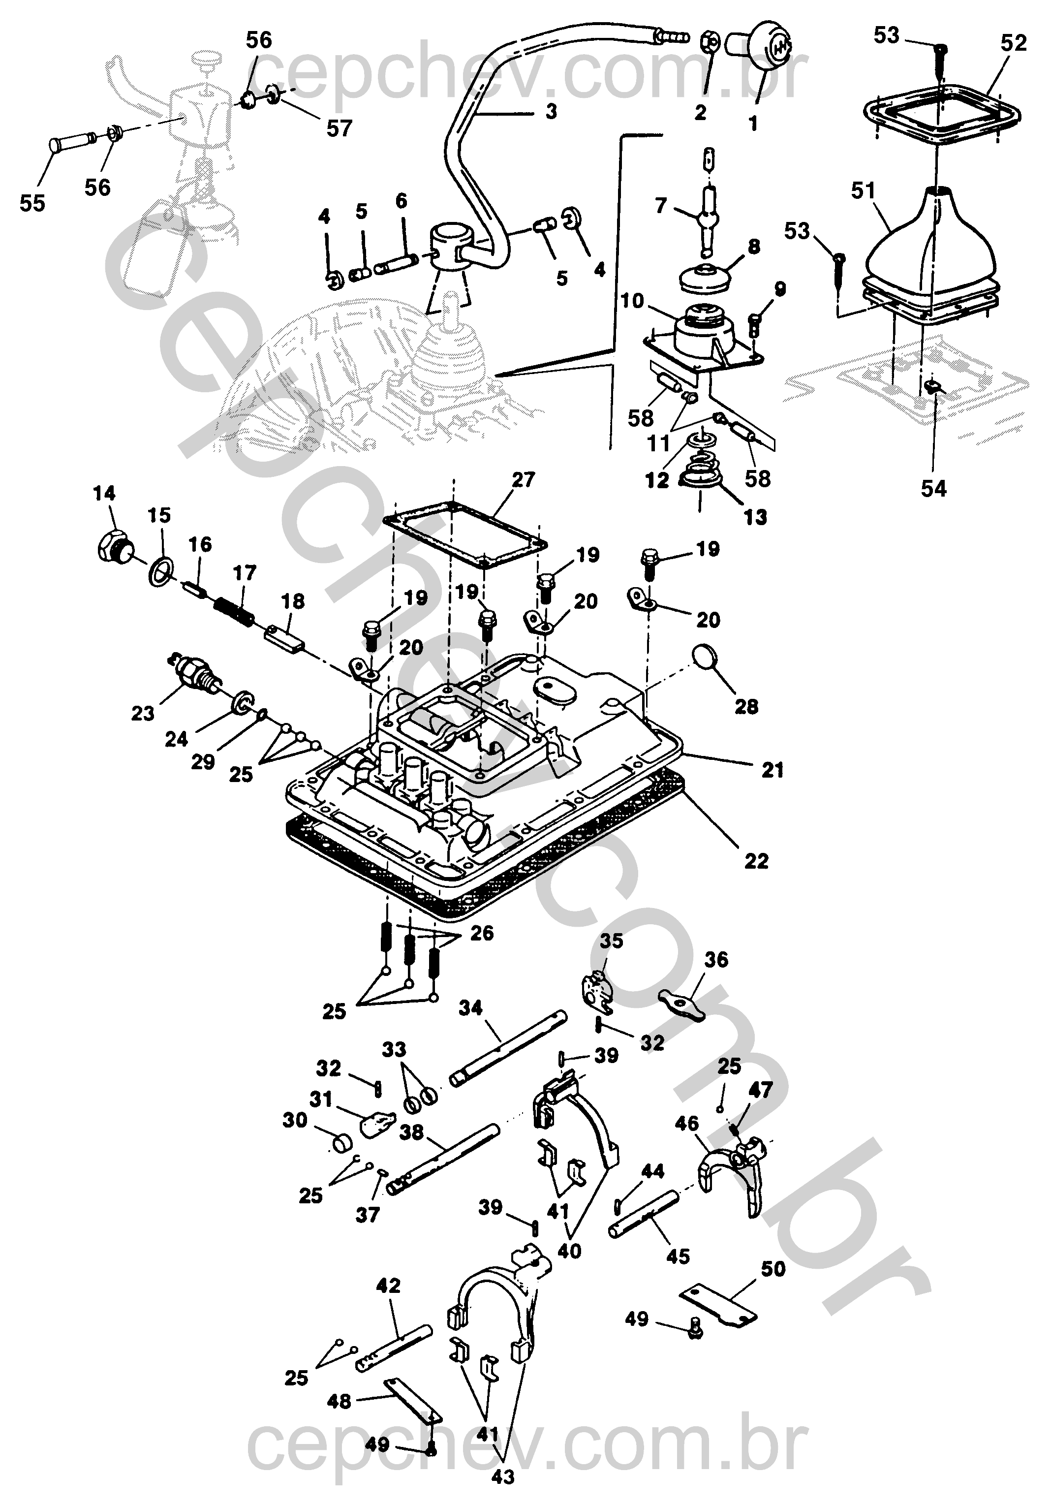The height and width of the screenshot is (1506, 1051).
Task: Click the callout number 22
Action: tap(755, 861)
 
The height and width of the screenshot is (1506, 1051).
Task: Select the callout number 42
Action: tap(388, 1286)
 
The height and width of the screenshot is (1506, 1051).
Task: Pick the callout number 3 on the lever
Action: tap(551, 112)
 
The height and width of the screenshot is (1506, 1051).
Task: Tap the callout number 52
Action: tap(1013, 43)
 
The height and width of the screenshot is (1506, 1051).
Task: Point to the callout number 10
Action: tap(633, 301)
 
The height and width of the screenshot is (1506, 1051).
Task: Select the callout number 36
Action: tap(716, 960)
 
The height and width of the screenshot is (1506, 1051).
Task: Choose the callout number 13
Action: tap(755, 518)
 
